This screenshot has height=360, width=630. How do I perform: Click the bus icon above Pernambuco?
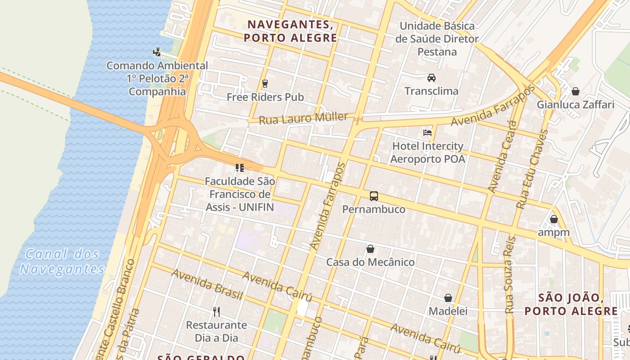pyautogui.click(x=374, y=196)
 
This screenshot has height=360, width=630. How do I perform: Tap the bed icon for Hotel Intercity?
pyautogui.click(x=427, y=133)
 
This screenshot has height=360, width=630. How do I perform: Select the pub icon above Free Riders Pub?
pyautogui.click(x=265, y=83)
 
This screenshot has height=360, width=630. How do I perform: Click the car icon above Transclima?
pyautogui.click(x=432, y=78)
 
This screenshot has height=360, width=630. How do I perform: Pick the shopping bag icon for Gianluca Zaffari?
pyautogui.click(x=575, y=92)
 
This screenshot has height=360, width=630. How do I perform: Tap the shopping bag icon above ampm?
pyautogui.click(x=553, y=219)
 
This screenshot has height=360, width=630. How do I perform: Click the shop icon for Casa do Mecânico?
pyautogui.click(x=370, y=249)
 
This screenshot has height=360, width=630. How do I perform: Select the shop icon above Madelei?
pyautogui.click(x=448, y=298)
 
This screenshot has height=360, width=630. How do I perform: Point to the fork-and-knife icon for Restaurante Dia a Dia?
pyautogui.click(x=216, y=311)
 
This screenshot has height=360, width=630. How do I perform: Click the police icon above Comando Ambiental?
pyautogui.click(x=157, y=52)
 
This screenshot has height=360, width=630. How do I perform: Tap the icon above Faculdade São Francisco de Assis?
pyautogui.click(x=240, y=168)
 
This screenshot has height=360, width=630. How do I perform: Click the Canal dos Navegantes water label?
pyautogui.click(x=62, y=261)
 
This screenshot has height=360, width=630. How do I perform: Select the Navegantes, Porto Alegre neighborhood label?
pyautogui.click(x=290, y=31)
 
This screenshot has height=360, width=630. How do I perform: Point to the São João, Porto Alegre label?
pyautogui.click(x=571, y=304)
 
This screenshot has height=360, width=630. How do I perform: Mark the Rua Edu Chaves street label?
pyautogui.click(x=532, y=169)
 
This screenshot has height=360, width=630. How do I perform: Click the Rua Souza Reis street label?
pyautogui.click(x=510, y=274)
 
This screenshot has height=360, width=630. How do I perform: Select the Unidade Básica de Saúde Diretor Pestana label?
pyautogui.click(x=437, y=39)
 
